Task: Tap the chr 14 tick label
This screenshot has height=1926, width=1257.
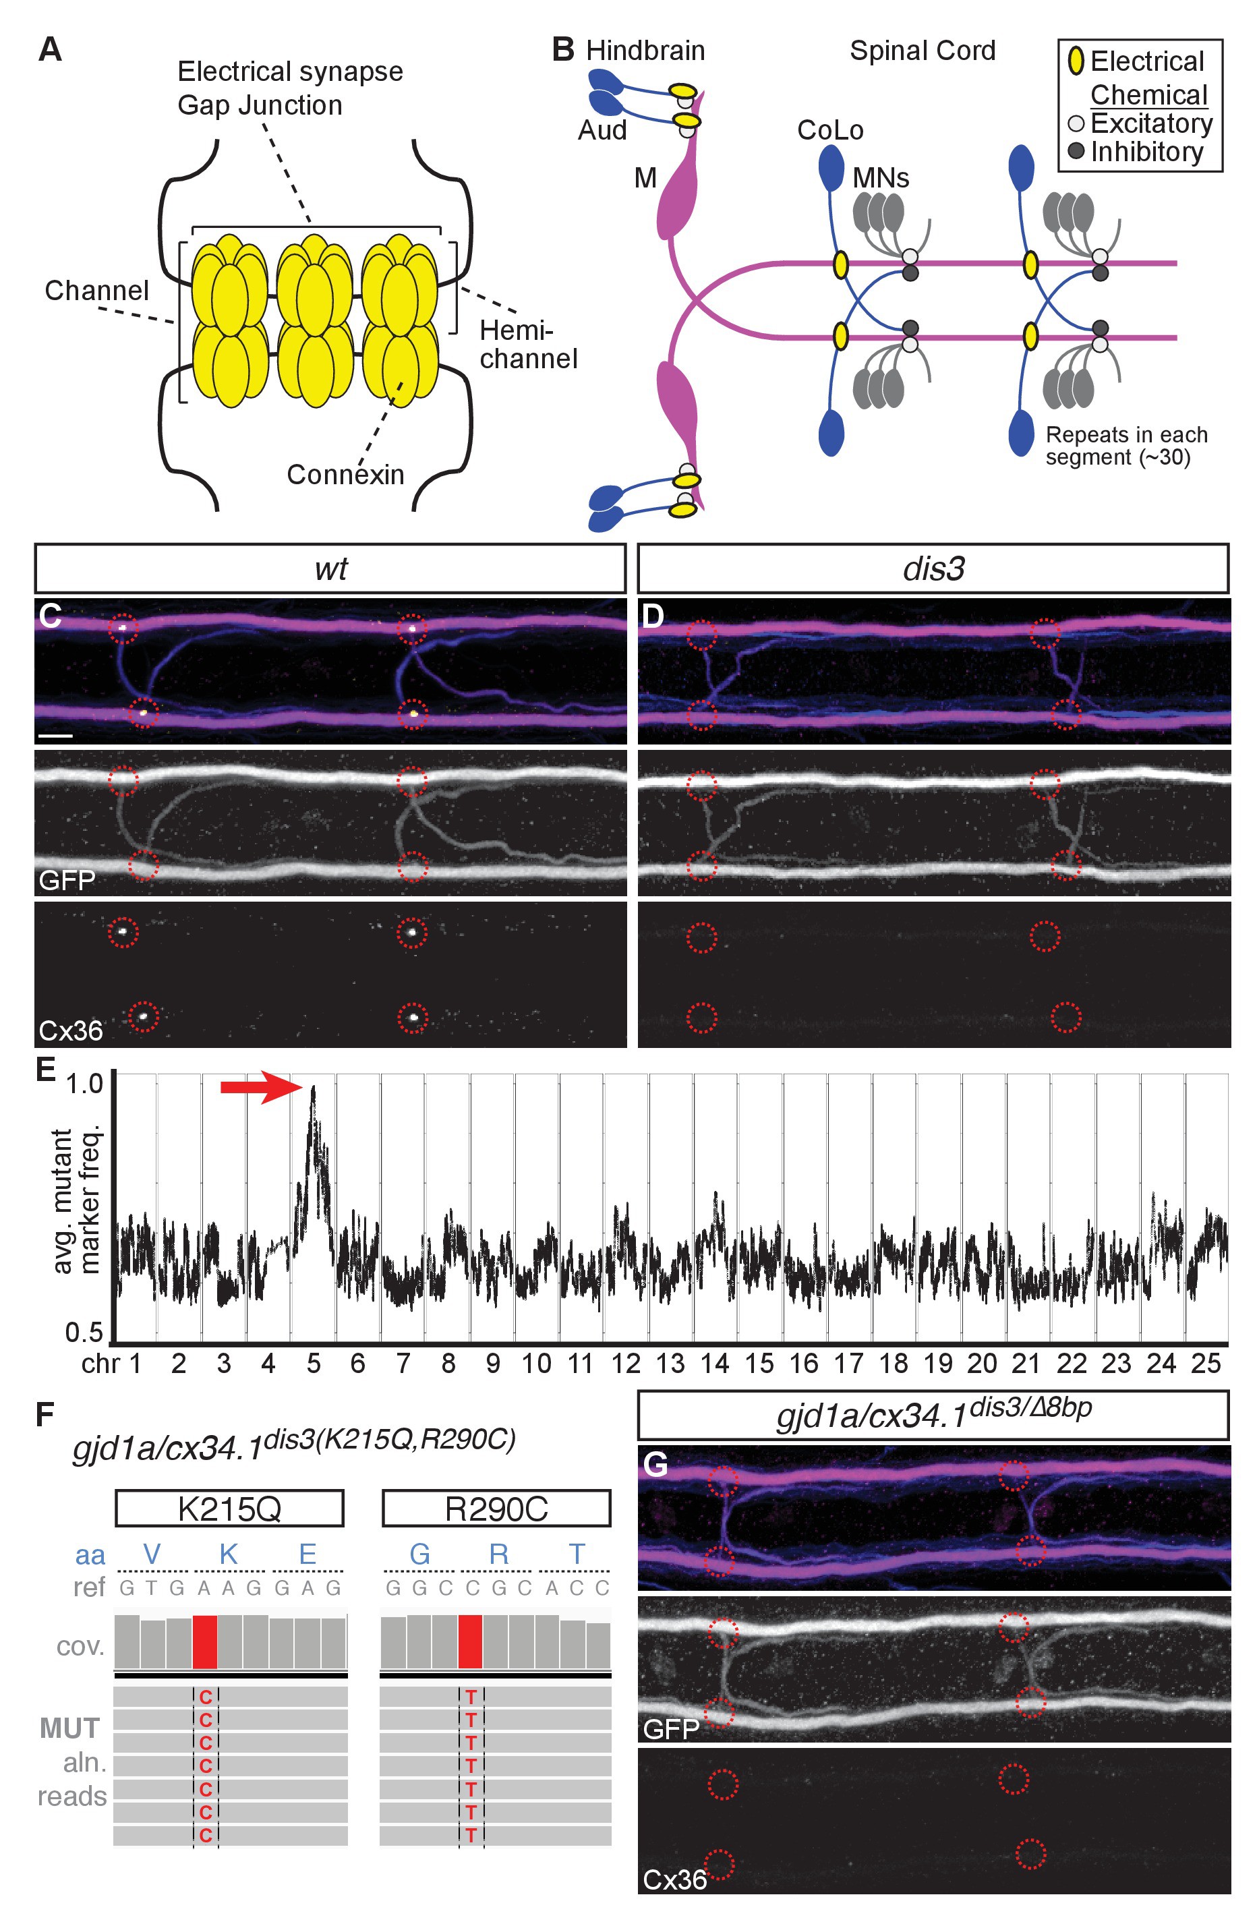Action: [715, 1364]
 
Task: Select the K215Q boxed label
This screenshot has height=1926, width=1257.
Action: [229, 1509]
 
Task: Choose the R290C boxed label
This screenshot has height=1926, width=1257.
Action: [496, 1509]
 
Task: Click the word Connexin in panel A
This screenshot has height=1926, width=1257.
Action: [346, 474]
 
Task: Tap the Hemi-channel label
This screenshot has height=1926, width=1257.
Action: [529, 344]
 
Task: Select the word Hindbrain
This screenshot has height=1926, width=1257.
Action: [645, 51]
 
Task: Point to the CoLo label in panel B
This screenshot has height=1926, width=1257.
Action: [830, 130]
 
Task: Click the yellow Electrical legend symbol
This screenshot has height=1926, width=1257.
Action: [1076, 61]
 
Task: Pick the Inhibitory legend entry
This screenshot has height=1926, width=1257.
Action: [1136, 151]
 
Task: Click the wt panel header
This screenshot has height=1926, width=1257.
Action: [330, 568]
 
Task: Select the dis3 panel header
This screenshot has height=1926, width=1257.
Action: [933, 568]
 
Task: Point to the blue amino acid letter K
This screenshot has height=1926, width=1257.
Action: [228, 1554]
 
